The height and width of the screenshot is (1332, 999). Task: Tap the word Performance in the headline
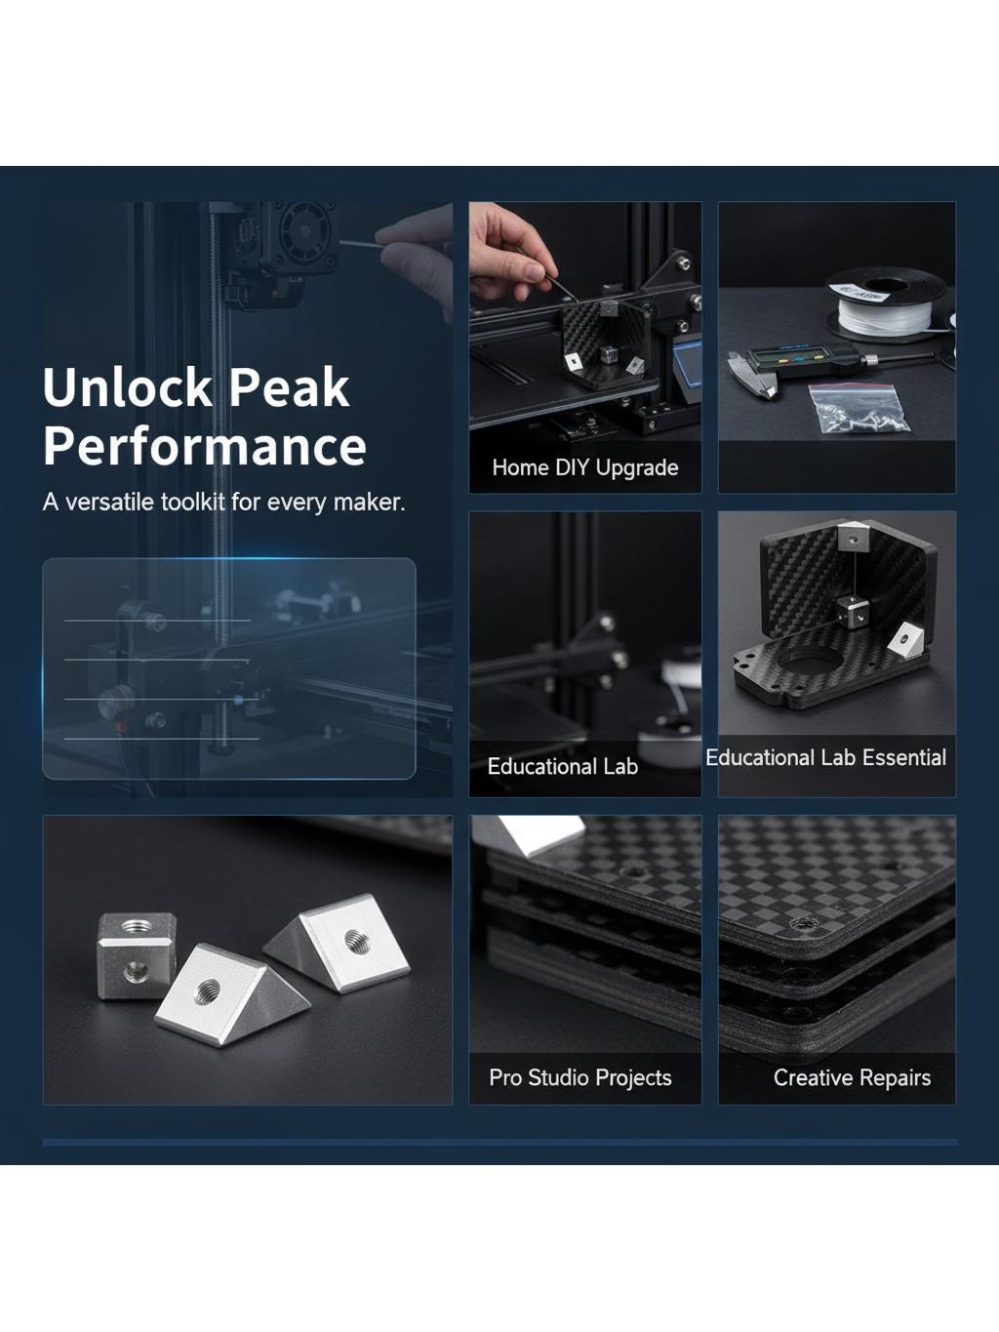(x=205, y=447)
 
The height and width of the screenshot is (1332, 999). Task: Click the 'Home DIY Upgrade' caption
(x=585, y=467)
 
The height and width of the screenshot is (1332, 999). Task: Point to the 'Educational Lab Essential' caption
(x=826, y=757)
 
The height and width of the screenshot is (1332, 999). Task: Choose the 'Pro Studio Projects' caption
(x=580, y=1077)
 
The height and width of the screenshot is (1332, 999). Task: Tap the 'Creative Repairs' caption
(x=853, y=1077)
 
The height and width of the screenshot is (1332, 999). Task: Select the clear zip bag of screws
(x=859, y=408)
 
